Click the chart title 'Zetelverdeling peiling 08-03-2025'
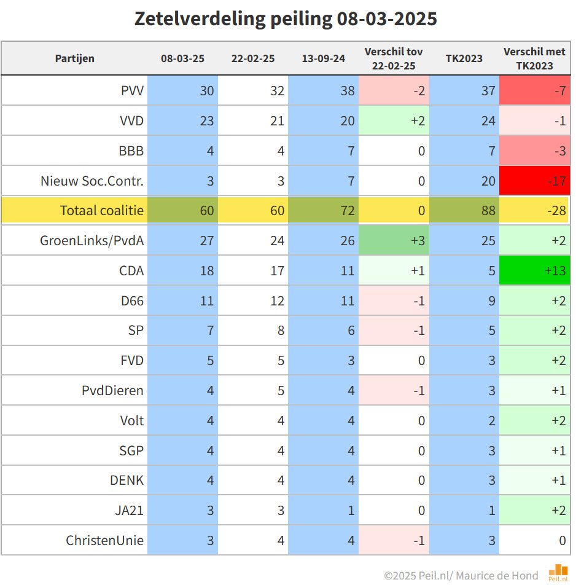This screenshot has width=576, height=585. [x=286, y=18]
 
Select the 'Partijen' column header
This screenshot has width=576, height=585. [x=74, y=58]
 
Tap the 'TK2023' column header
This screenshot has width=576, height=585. [x=464, y=58]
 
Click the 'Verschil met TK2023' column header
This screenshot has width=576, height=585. [x=534, y=58]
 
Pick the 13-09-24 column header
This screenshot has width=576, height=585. [x=323, y=58]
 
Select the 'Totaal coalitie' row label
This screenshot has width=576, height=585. [x=102, y=210]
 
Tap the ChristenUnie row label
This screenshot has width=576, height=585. [x=105, y=540]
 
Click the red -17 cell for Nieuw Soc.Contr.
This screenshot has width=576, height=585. [x=534, y=181]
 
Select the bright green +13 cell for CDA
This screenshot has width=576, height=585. [x=534, y=270]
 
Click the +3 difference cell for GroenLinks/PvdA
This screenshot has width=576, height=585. [x=394, y=240]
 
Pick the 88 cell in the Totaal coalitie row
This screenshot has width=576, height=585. [x=464, y=210]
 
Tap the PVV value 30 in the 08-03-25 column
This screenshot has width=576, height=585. [x=183, y=90]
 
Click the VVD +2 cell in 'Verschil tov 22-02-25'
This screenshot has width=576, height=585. [x=394, y=120]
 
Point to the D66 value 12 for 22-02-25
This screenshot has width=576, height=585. [x=253, y=300]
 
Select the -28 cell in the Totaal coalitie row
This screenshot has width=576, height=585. [x=534, y=210]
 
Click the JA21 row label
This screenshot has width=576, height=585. [x=130, y=510]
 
